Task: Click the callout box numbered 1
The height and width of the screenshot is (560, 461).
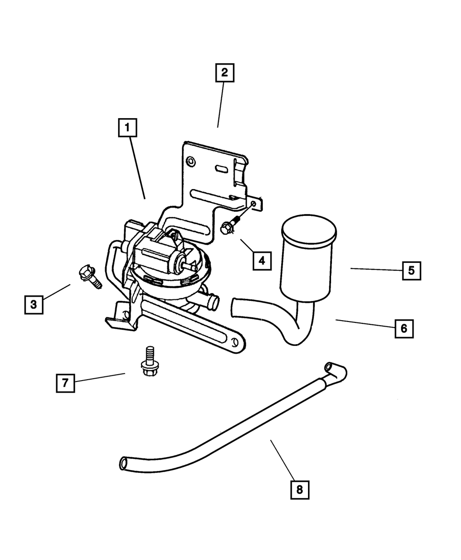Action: pos(127,128)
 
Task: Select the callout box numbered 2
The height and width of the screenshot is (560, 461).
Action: pos(225,73)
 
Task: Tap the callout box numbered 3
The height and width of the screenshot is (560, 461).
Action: pos(33,304)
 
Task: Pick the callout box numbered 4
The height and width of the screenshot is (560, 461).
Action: pos(261,261)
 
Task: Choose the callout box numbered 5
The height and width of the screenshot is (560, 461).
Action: pos(411,271)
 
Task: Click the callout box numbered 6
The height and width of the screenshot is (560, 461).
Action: pos(404,329)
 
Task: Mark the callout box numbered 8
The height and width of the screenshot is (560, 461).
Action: pos(300,490)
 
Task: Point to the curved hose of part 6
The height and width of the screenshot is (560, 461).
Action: pos(277,318)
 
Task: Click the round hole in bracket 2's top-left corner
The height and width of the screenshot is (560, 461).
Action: pos(189,161)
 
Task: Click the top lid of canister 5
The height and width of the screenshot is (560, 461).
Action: pos(308,229)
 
